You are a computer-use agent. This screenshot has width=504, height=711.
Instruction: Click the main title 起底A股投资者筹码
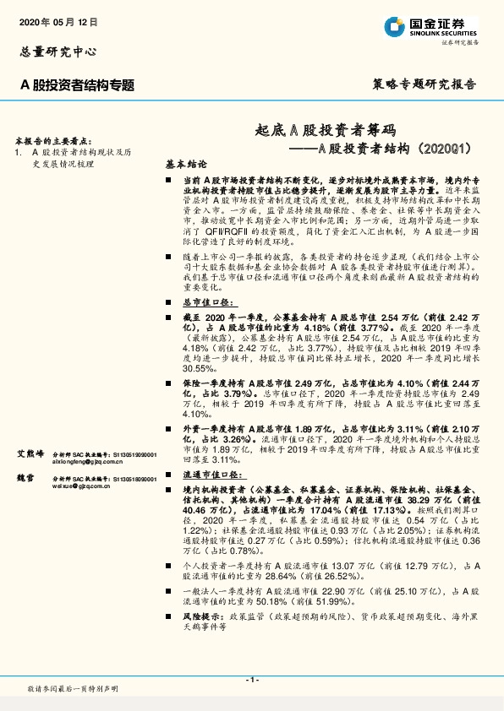[x=326, y=129]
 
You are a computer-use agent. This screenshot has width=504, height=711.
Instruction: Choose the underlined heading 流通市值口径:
[x=211, y=475]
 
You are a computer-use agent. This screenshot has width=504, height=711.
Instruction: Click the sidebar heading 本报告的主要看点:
[x=49, y=139]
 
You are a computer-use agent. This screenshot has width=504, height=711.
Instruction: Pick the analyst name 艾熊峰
[x=30, y=453]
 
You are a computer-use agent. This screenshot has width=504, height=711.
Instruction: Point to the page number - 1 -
[x=251, y=679]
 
